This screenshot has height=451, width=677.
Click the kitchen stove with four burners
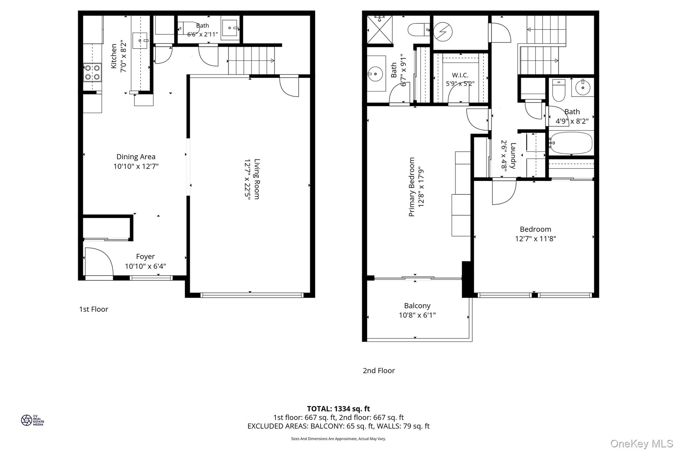(x=92, y=72)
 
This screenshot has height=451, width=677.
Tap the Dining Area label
(x=136, y=157)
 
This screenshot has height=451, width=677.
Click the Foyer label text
(x=145, y=256)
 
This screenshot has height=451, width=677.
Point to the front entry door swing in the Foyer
(x=99, y=261)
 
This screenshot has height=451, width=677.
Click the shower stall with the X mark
(x=380, y=30)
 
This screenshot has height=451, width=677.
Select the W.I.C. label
(x=460, y=75)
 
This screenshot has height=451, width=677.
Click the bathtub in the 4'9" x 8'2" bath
(x=571, y=143)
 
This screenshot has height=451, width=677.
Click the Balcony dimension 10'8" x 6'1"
(x=417, y=315)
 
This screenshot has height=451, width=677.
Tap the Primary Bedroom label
(x=412, y=187)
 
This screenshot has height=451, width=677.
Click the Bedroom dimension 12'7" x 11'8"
(x=536, y=239)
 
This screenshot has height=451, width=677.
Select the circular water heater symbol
(x=443, y=32)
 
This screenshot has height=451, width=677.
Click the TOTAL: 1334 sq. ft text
(x=338, y=409)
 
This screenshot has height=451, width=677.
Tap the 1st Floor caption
(x=94, y=309)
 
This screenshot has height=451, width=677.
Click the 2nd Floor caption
(x=378, y=371)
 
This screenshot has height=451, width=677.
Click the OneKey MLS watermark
(x=641, y=443)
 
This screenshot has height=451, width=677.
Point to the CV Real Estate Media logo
(x=32, y=420)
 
